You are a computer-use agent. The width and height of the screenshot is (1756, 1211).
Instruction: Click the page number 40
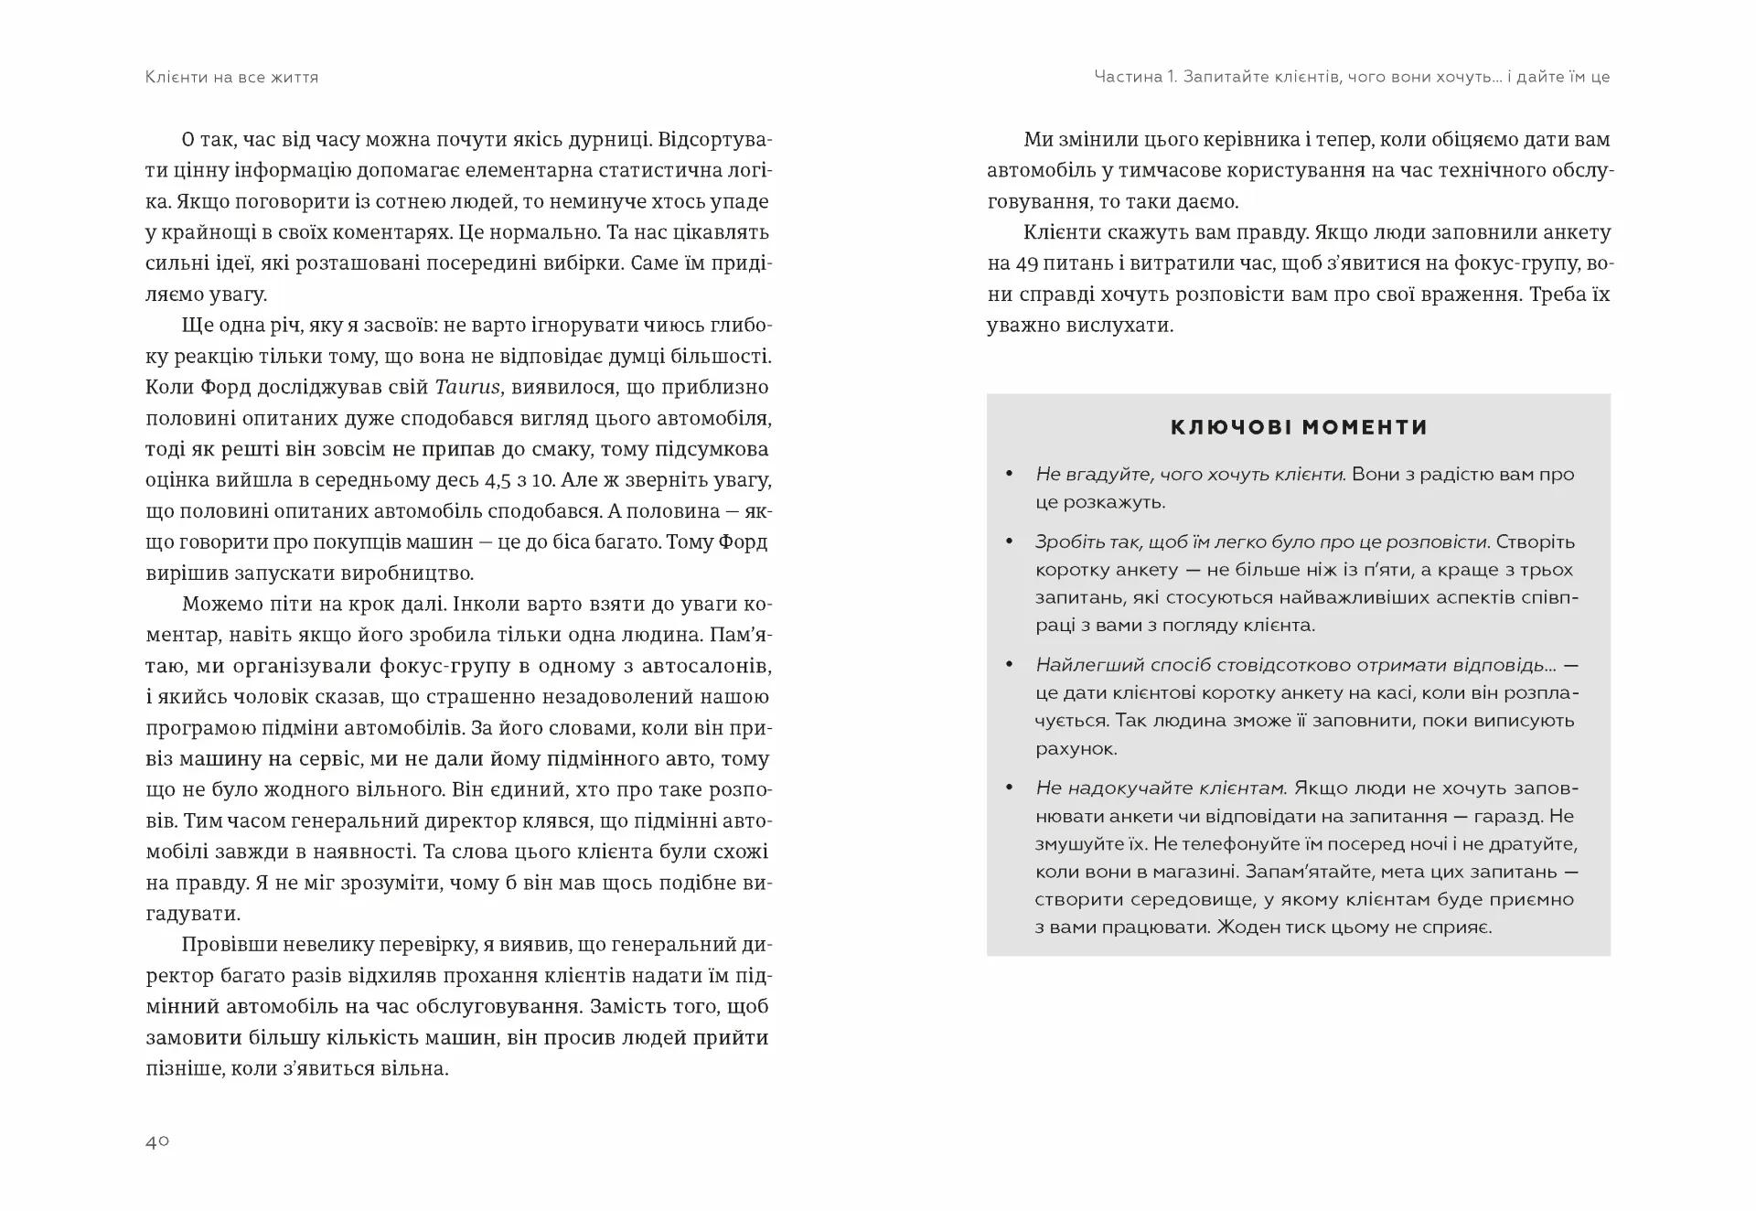click(x=157, y=1141)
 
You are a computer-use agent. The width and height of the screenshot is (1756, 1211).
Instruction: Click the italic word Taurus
click(x=467, y=387)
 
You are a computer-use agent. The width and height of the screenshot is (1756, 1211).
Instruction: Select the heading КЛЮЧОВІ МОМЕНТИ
click(x=1299, y=427)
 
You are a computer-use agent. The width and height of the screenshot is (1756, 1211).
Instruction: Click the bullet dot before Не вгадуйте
click(x=1010, y=474)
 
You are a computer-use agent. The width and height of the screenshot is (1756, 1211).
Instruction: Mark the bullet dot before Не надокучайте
click(x=1010, y=788)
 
